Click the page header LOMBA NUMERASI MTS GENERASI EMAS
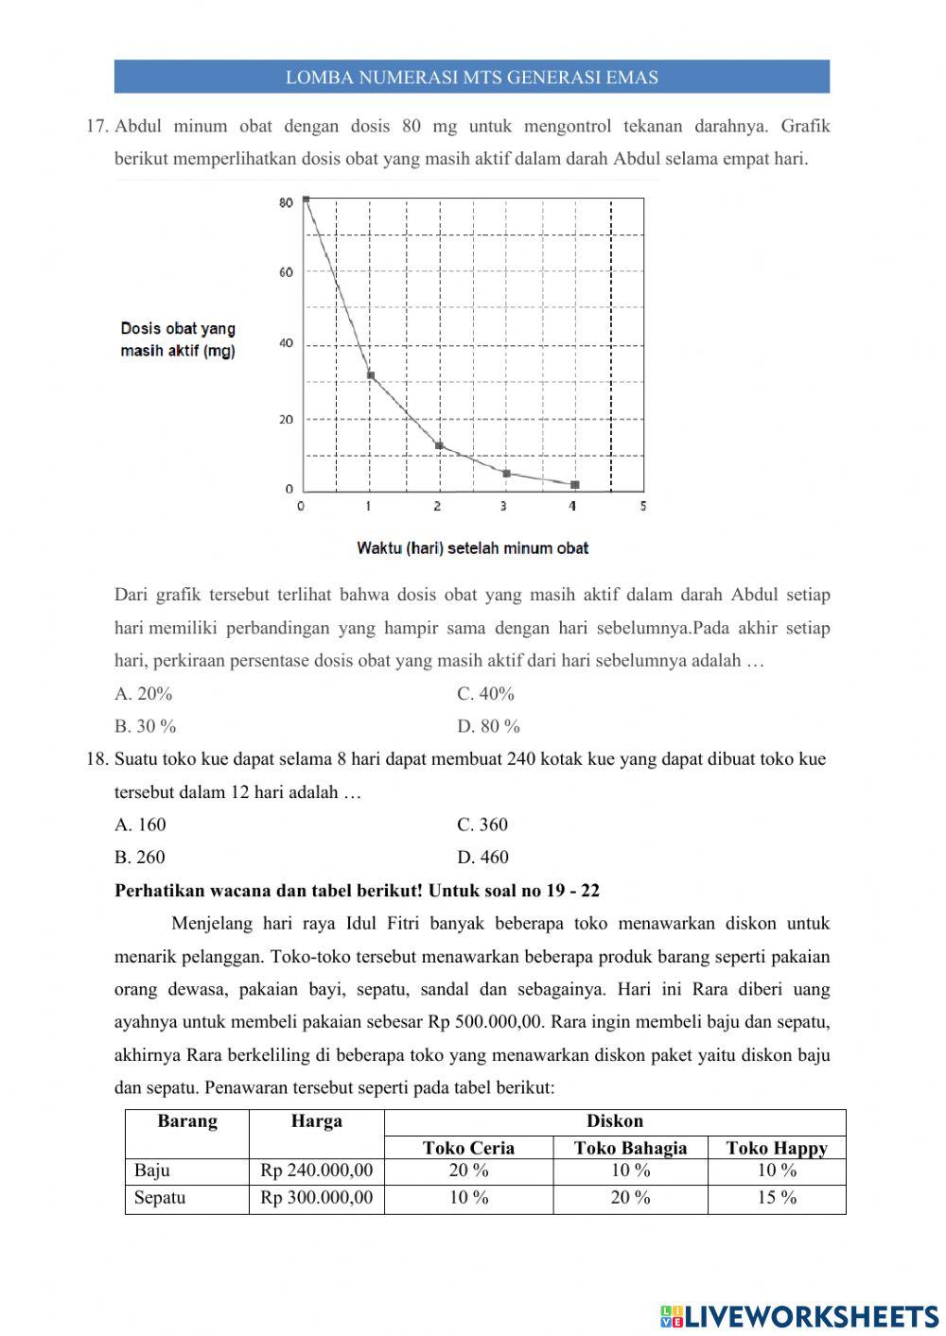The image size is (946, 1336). (x=471, y=78)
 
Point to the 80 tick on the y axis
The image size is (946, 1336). (x=286, y=203)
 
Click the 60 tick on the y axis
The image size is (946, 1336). (x=286, y=272)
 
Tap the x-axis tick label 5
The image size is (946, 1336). (x=643, y=507)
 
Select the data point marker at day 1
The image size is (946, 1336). (x=371, y=376)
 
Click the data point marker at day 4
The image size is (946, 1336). (x=574, y=484)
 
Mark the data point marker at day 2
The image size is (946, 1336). (x=439, y=445)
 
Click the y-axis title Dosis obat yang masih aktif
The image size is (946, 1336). (x=178, y=340)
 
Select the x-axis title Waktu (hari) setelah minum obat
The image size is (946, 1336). (x=472, y=548)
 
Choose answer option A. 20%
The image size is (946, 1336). (x=144, y=694)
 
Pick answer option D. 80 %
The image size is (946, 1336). (x=488, y=726)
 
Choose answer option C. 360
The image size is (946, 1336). (x=482, y=824)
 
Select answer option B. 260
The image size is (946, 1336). (x=140, y=858)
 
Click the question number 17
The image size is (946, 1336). (x=97, y=126)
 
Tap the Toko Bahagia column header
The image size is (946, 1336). (x=630, y=1148)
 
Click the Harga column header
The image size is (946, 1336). (x=316, y=1121)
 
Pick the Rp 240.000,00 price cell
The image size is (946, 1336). (x=316, y=1171)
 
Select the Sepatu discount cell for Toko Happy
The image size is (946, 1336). (x=776, y=1198)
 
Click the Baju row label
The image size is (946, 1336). (x=152, y=1171)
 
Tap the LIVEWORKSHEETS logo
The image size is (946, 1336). (x=799, y=1315)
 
